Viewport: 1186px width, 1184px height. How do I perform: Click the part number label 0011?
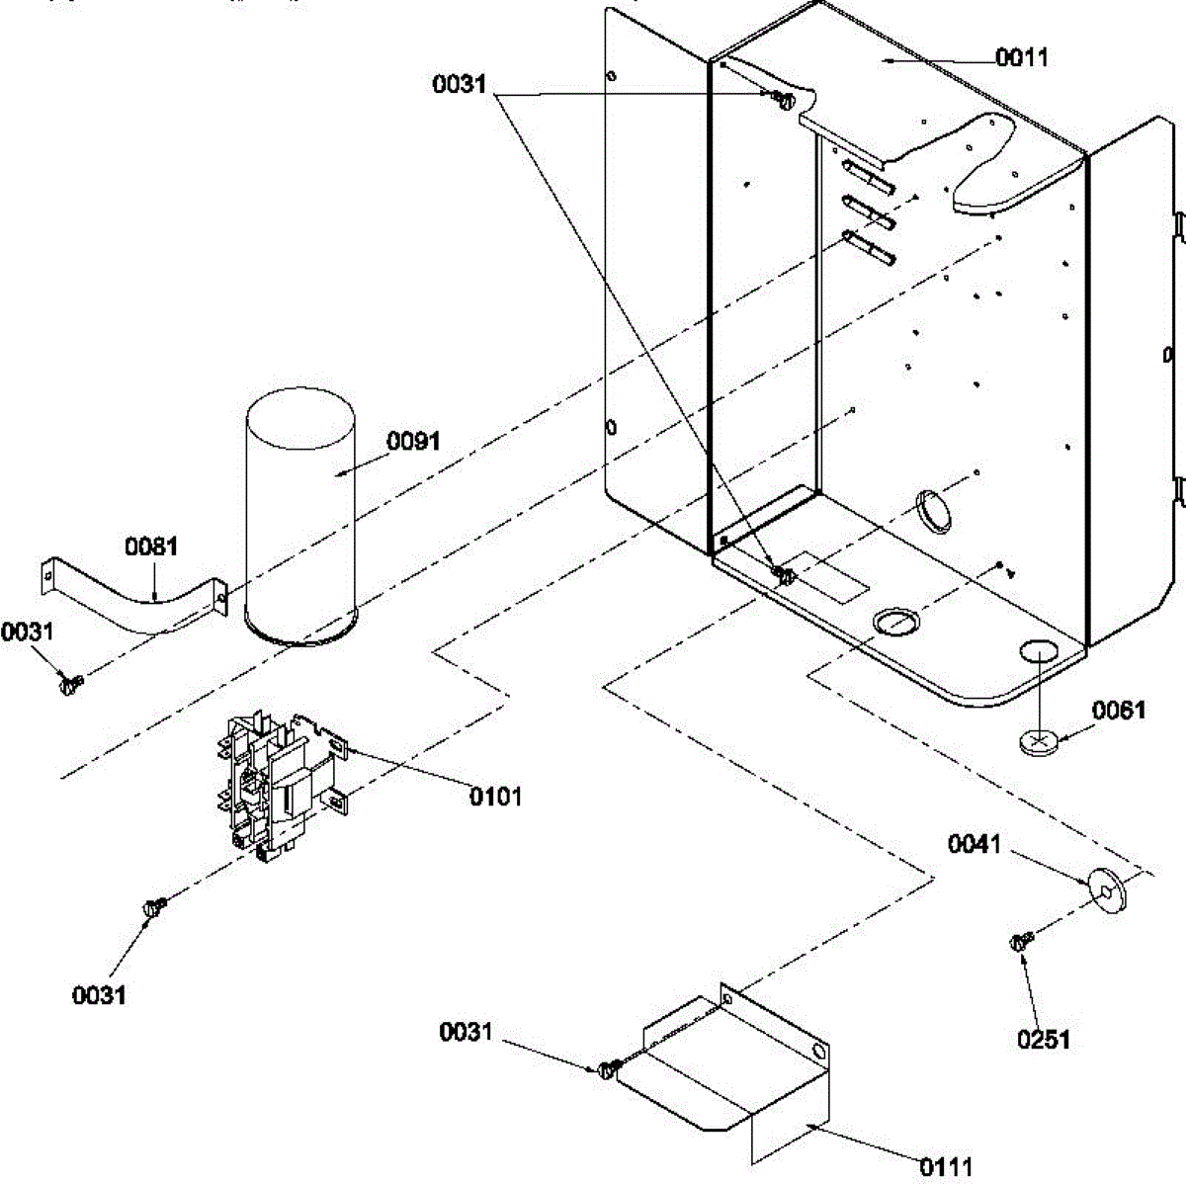[x=1021, y=57]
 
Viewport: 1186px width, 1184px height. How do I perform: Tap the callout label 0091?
[x=413, y=441]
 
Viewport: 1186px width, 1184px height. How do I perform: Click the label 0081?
[x=150, y=546]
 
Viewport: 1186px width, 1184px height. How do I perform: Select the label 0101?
[x=495, y=796]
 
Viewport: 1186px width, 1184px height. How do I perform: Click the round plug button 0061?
[x=1038, y=741]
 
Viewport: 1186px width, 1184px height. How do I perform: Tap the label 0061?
[x=1118, y=710]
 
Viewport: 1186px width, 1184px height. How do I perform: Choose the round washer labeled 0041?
[x=1106, y=890]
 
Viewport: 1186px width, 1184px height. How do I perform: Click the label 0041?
[x=974, y=844]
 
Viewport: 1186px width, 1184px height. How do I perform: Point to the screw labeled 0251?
[x=1021, y=942]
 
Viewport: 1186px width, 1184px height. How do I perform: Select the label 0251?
[x=1043, y=1039]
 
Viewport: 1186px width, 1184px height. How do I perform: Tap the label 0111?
[x=946, y=1167]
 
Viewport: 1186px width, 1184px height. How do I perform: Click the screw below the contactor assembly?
[x=154, y=905]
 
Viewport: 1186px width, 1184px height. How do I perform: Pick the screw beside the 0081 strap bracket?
[x=69, y=682]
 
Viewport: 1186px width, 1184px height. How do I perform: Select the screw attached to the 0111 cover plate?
[x=609, y=1068]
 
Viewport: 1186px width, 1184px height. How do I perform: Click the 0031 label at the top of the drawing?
[x=460, y=84]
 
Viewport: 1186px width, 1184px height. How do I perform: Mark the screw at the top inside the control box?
[x=783, y=99]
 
